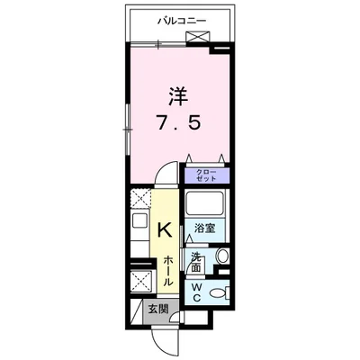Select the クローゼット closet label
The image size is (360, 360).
pos(208,175)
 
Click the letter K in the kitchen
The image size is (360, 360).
pos(165,229)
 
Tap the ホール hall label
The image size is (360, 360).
pos(168,271)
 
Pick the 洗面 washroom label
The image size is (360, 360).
pos(196,261)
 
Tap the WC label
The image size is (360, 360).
pos(197,292)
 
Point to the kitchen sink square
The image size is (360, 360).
pos(139,220)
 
